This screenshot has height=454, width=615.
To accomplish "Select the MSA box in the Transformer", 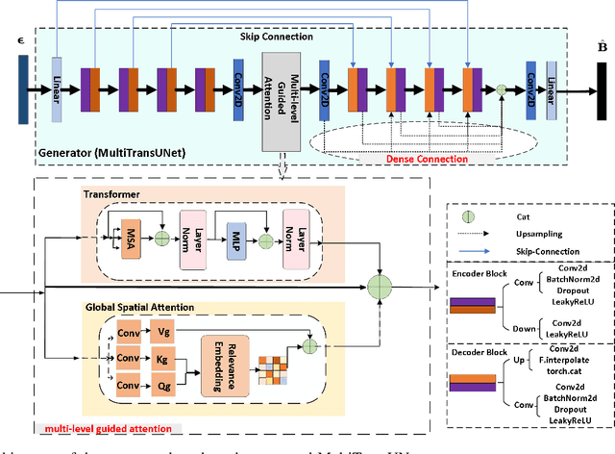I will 130,237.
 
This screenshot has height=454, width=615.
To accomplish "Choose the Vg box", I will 163,332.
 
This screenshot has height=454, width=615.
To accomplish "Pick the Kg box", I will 163,359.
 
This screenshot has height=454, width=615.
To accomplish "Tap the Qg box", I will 163,386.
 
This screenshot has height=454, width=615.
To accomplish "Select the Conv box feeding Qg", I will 129,386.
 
